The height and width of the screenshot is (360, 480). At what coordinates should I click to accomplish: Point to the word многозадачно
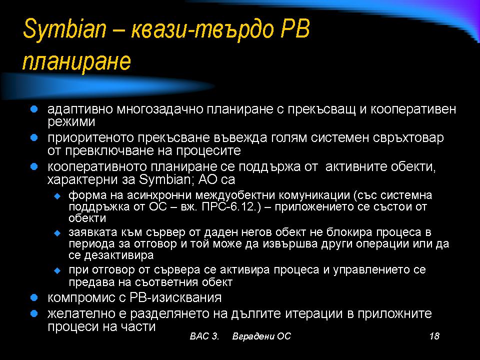[x=159, y=109]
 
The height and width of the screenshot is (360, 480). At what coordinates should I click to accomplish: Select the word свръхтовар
[x=408, y=138]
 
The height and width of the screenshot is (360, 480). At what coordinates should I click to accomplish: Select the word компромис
[x=81, y=298]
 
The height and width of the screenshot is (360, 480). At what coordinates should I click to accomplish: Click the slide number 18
[x=434, y=336]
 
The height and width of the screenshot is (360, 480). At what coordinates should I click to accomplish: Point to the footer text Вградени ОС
[x=261, y=336]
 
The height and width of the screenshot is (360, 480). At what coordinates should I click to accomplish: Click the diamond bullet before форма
[x=57, y=196]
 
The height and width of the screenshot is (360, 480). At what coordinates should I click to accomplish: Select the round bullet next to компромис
[x=34, y=297]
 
